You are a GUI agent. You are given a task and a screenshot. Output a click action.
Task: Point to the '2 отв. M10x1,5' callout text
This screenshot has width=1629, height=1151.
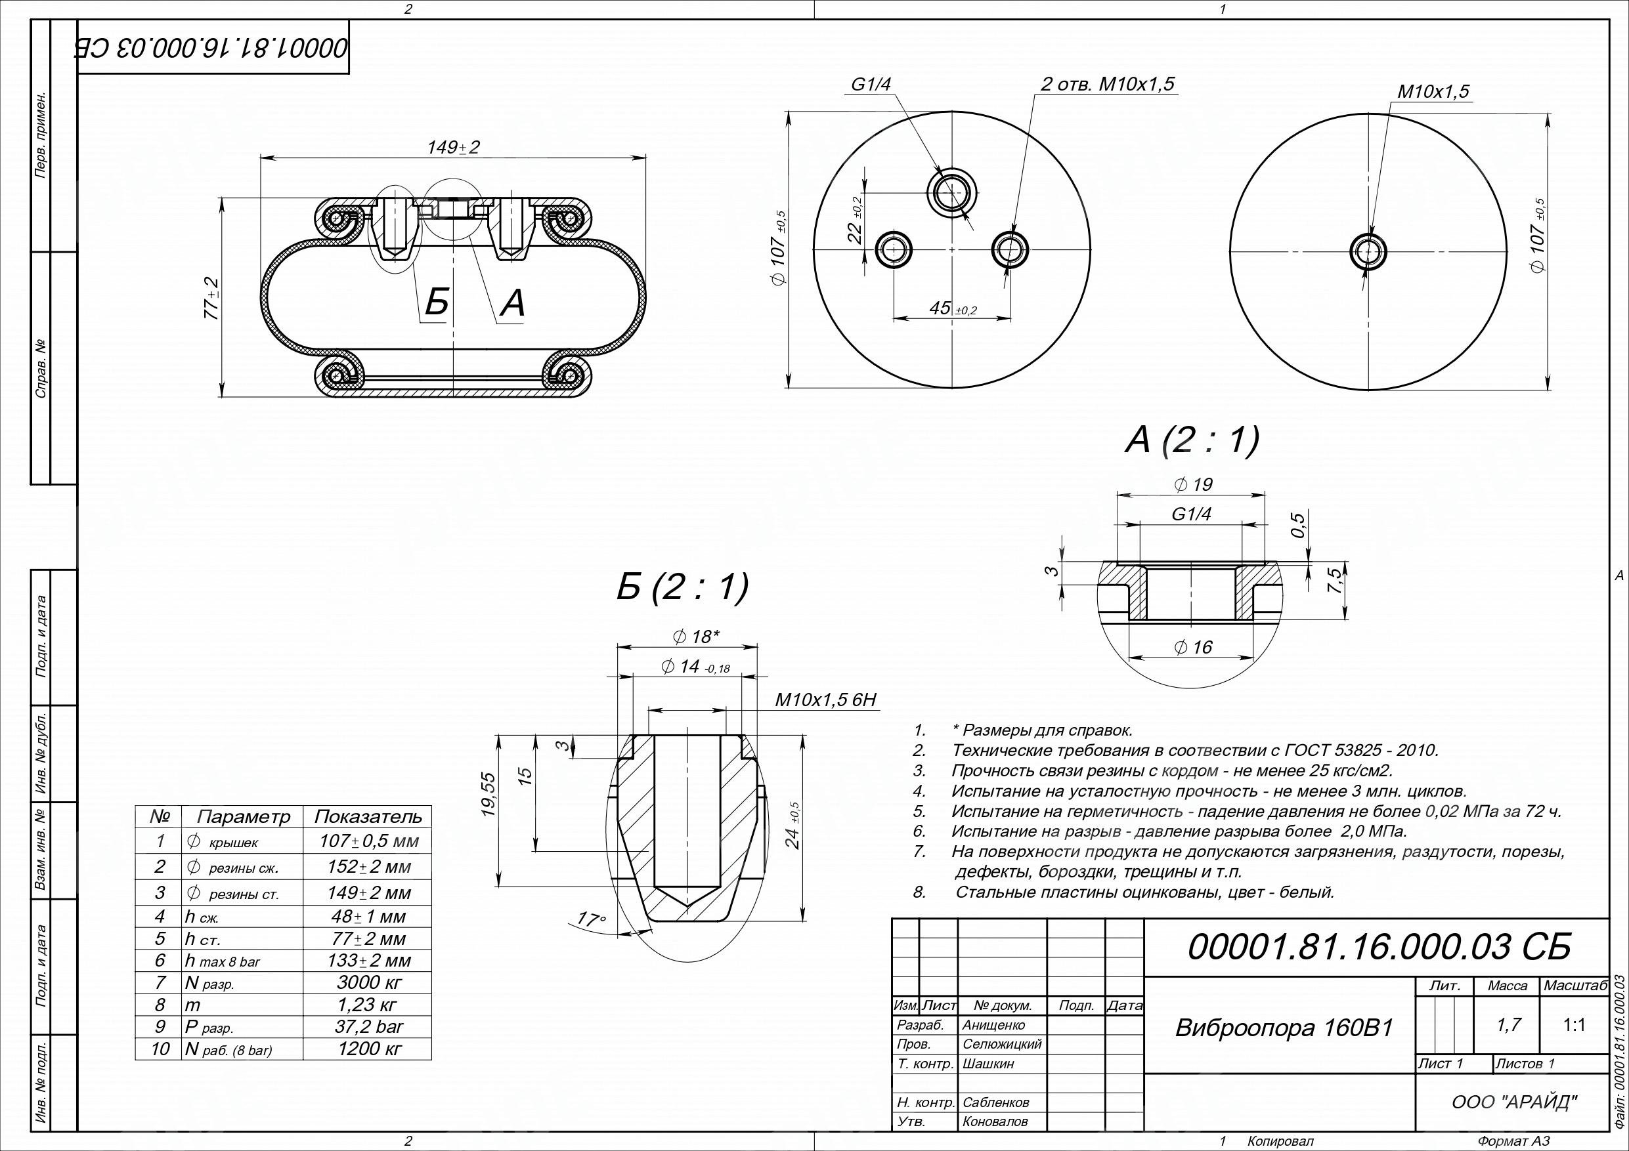click(1108, 85)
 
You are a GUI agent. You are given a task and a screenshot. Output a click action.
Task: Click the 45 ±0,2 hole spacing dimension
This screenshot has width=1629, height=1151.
click(952, 308)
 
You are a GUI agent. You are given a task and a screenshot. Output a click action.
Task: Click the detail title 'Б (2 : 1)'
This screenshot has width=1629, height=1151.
click(682, 587)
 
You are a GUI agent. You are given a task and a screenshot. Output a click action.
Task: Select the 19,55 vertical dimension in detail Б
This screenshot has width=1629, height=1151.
click(490, 795)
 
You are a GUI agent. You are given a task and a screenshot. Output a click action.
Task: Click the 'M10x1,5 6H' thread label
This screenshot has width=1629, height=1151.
click(826, 701)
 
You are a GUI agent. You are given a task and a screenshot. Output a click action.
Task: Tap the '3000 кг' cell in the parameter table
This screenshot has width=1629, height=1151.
click(368, 983)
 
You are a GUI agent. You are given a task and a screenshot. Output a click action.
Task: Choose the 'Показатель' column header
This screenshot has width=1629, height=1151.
click(368, 817)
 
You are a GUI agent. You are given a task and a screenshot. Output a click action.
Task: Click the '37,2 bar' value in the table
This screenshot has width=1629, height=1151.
click(368, 1027)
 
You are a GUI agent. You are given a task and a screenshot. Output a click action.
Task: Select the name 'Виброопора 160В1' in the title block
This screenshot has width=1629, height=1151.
click(1284, 1028)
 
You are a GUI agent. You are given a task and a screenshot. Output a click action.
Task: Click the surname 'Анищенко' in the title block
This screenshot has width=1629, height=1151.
click(993, 1026)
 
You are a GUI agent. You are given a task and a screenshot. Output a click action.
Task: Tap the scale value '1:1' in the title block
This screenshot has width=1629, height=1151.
click(1574, 1025)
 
